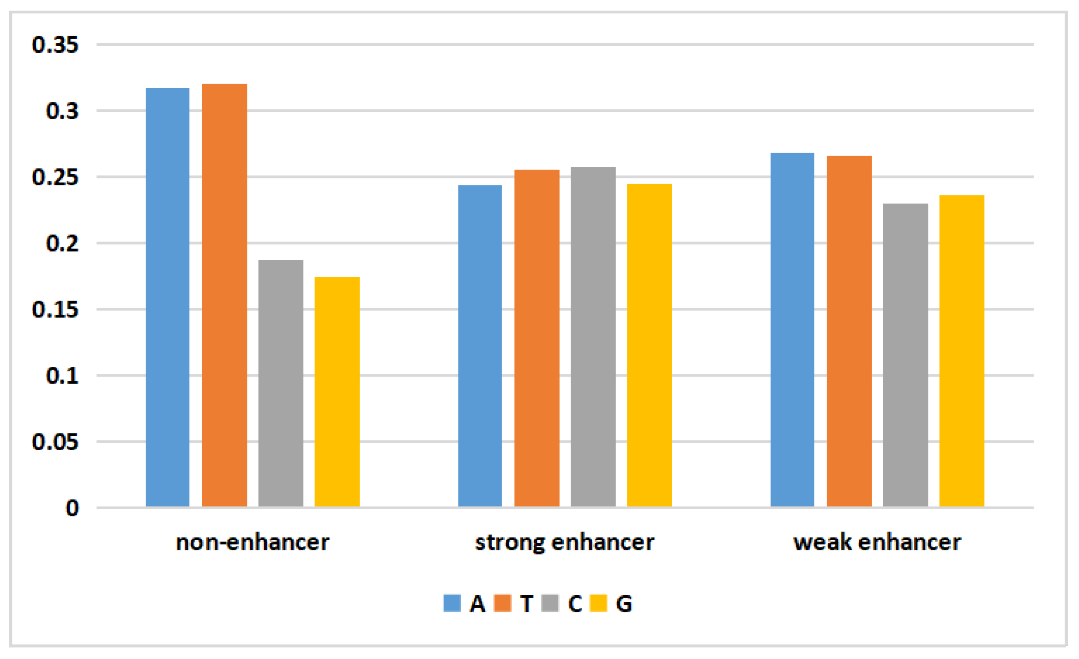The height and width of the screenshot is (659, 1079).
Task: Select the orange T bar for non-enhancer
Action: tap(224, 295)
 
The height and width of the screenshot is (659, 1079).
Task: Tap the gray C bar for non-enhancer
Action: tap(281, 383)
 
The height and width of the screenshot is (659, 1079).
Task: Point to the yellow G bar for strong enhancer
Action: tap(649, 345)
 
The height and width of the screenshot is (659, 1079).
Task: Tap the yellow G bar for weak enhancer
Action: tap(962, 351)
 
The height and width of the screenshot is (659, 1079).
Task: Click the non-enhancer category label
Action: tap(253, 542)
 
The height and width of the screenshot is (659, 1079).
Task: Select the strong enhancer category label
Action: tap(565, 542)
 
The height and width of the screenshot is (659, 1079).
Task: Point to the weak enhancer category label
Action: tap(877, 542)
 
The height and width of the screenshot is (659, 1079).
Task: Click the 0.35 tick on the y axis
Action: tap(55, 45)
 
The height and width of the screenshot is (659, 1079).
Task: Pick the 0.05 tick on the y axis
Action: tap(55, 442)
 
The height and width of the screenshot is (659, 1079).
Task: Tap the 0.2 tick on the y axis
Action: tap(62, 243)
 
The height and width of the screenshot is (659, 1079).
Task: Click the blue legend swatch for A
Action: tap(452, 603)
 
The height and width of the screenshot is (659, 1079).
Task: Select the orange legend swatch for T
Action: tap(502, 603)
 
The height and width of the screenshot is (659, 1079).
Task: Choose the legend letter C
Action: tap(575, 604)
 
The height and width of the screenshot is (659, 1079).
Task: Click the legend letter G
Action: tap(624, 604)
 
